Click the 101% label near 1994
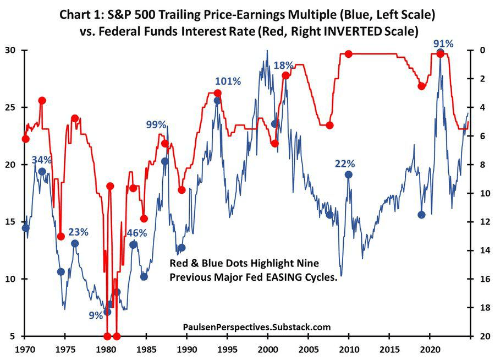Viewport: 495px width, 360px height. [228, 81]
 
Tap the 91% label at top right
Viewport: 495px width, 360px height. [443, 43]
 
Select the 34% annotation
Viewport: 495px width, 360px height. [42, 160]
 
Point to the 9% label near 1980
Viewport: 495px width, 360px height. [95, 315]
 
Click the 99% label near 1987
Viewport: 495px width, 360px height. [156, 124]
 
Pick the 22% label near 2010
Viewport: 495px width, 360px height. [345, 163]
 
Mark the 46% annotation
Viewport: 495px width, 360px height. [137, 233]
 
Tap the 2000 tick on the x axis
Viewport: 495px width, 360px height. [267, 350]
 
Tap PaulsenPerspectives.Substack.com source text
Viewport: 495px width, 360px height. [256, 327]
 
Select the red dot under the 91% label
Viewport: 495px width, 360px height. [440, 54]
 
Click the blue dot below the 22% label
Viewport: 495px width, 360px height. [348, 174]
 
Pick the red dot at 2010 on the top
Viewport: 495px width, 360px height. [348, 54]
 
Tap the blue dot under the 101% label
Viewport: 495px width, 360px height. [217, 100]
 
